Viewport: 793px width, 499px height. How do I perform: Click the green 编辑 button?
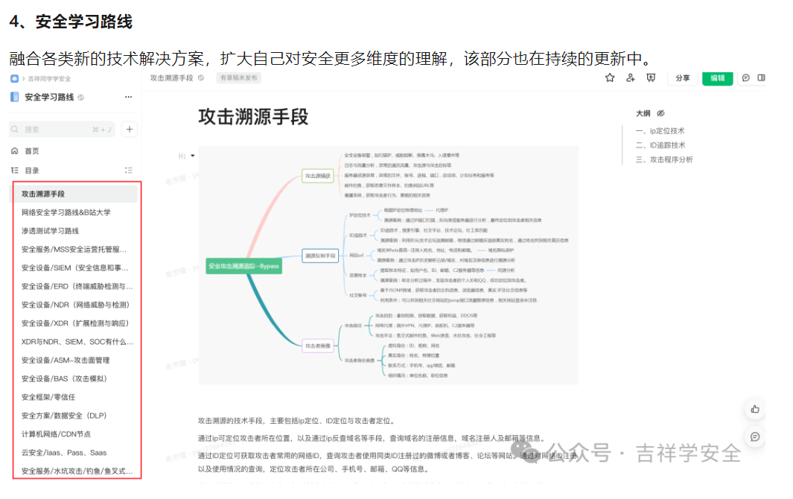(x=717, y=77)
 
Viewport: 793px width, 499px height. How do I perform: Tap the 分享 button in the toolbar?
(x=682, y=77)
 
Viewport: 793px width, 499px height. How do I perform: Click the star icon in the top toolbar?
(x=610, y=77)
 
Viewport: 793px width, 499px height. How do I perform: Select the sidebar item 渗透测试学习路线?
(x=50, y=231)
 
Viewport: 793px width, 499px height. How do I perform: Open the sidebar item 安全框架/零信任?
(x=48, y=397)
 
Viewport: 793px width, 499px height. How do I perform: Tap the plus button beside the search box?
(x=130, y=129)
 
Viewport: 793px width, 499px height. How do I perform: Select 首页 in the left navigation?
(x=31, y=151)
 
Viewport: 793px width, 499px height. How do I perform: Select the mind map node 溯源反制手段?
(x=321, y=255)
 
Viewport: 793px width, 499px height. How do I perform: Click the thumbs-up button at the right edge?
(x=755, y=409)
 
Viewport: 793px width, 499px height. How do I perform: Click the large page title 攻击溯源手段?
(x=253, y=116)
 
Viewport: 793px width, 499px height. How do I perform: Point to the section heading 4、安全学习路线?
(x=71, y=22)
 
